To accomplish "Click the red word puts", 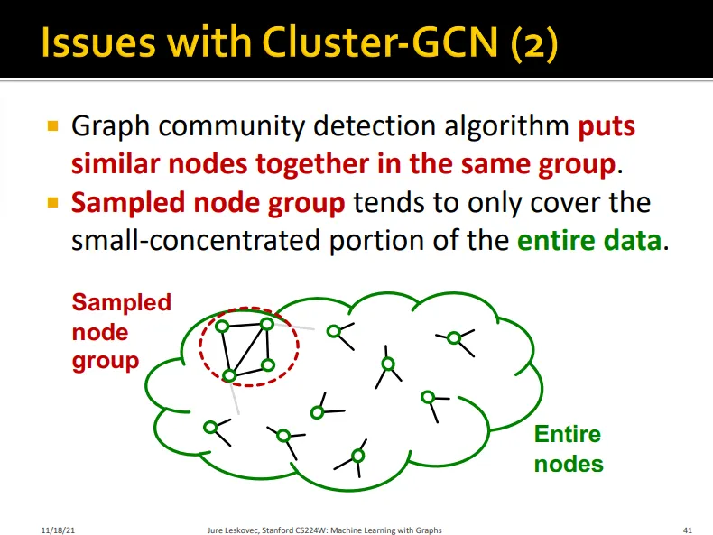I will click(607, 126).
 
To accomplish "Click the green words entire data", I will click(589, 242).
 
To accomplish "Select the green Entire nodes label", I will click(568, 449).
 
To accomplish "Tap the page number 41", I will click(687, 530).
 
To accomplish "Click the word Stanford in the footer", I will click(270, 530).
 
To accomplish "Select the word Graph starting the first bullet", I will click(106, 126).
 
